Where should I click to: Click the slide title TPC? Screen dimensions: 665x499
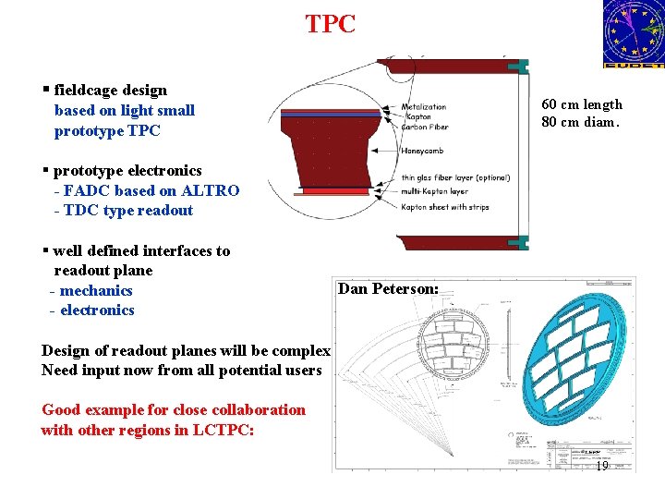pos(330,24)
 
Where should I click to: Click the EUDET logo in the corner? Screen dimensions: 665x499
pos(633,34)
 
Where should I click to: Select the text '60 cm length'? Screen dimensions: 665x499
pos(582,104)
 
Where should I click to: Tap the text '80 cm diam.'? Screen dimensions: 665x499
pos(582,122)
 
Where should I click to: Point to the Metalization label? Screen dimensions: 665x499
pos(424,107)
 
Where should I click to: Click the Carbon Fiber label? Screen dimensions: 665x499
pos(425,128)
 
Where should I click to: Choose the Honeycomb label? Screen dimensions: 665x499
pos(425,151)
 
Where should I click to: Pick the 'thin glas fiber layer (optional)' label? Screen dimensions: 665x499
pos(455,178)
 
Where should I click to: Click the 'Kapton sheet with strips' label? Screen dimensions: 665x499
pos(445,207)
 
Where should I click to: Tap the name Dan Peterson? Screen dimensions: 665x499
pos(388,288)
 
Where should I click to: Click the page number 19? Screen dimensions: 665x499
pos(600,467)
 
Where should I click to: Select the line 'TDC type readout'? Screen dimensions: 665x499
pos(128,210)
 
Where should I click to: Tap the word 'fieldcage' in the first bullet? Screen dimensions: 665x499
pos(88,91)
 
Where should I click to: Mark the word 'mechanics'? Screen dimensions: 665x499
pos(96,290)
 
